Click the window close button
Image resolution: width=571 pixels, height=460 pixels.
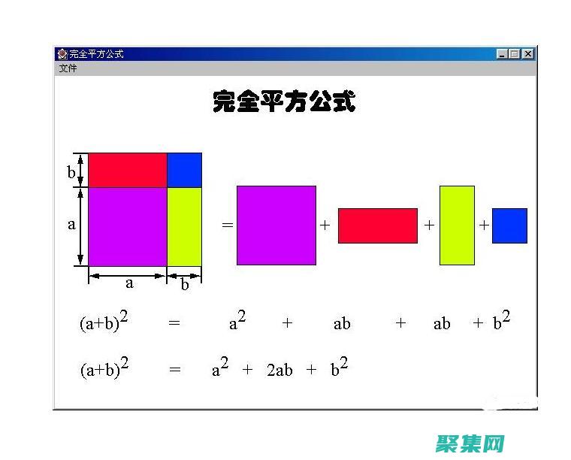(528, 54)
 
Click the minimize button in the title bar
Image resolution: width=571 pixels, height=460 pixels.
(503, 54)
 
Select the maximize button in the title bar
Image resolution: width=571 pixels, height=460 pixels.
(515, 54)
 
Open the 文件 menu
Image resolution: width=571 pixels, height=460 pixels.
(68, 68)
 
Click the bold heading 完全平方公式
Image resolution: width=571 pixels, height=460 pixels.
(284, 101)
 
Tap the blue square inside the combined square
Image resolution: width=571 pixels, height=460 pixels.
(184, 170)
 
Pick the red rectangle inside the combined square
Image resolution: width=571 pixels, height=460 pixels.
(128, 170)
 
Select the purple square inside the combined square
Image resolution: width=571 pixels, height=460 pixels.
(128, 226)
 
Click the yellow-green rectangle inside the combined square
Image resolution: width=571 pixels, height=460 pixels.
(184, 226)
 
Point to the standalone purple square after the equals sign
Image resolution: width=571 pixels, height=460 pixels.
(276, 225)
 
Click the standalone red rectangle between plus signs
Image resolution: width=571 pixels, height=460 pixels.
(377, 225)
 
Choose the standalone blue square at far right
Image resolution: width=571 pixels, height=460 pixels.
(509, 225)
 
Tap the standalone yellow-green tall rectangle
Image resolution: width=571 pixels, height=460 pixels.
(457, 225)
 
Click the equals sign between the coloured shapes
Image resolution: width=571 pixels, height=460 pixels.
(227, 225)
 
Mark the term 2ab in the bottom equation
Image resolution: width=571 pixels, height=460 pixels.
(279, 371)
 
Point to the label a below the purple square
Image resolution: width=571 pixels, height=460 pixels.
(129, 283)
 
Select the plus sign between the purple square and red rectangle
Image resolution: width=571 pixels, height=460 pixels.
(325, 225)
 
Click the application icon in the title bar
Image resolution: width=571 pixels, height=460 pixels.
(62, 54)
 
